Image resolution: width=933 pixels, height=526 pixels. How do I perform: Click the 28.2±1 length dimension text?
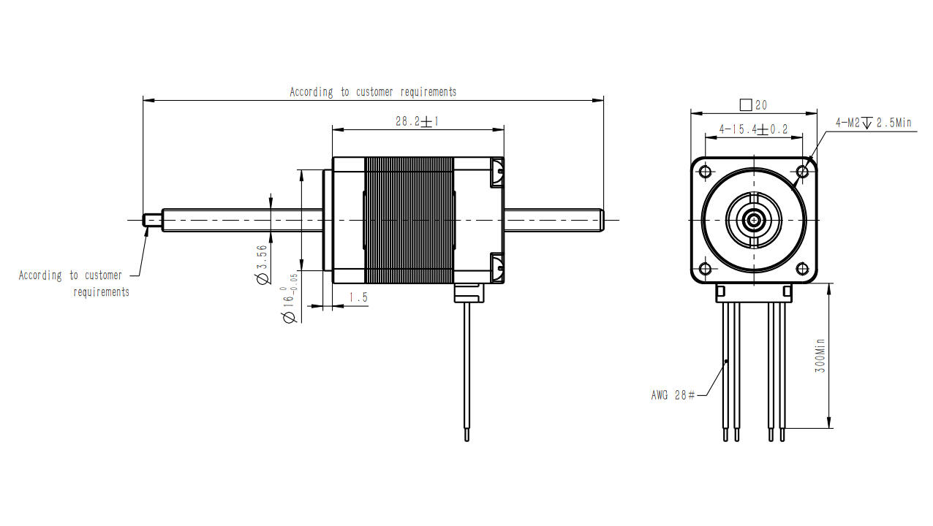[417, 122]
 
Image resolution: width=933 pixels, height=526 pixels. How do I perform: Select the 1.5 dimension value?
[358, 297]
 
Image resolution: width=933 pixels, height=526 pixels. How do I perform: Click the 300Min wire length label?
[820, 356]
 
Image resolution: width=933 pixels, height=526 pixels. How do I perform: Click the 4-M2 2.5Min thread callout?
[875, 123]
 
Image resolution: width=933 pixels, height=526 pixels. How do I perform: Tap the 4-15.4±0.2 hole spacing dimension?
[753, 129]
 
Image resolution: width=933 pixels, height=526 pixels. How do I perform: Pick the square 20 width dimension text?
[754, 105]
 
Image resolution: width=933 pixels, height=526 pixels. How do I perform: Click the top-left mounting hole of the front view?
[706, 172]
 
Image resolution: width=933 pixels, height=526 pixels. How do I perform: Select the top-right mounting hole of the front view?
[802, 172]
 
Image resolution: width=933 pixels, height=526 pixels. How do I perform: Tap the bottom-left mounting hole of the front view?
[706, 269]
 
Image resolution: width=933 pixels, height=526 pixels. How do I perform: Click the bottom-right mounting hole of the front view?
[802, 269]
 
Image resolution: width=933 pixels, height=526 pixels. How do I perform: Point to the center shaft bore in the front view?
[754, 219]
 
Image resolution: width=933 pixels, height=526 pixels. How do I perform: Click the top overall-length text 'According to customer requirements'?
[373, 92]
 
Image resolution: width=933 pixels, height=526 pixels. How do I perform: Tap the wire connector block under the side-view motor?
[469, 292]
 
